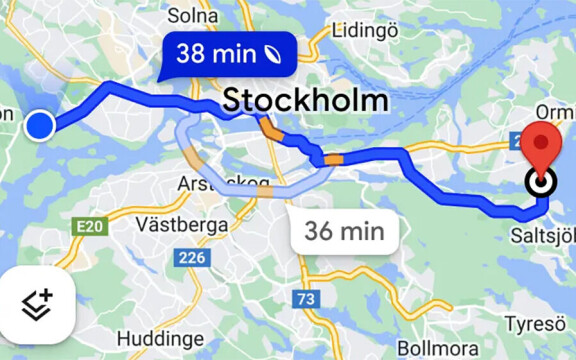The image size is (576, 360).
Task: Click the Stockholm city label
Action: point(305,100)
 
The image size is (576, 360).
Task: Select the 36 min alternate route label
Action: point(345,232)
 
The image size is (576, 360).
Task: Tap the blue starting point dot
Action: point(39,126)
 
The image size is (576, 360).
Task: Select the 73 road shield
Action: point(307,298)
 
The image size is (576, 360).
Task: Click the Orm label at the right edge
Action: point(555,110)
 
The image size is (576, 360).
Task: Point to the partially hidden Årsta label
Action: point(205,183)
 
